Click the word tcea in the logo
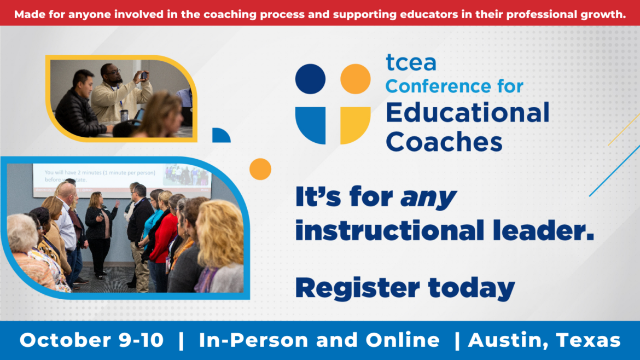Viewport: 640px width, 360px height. [410, 63]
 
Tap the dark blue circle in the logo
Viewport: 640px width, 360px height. [310, 79]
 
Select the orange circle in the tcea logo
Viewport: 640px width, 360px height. [356, 79]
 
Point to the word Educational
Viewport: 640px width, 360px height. [467, 113]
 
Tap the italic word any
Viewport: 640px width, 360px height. [428, 197]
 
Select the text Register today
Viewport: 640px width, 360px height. [405, 287]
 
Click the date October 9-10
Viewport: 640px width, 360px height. [91, 340]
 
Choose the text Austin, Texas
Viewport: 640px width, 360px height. [544, 340]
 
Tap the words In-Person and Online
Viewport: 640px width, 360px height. [319, 340]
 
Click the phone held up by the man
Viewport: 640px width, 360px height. [144, 76]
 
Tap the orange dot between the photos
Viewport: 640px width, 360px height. [260, 169]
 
